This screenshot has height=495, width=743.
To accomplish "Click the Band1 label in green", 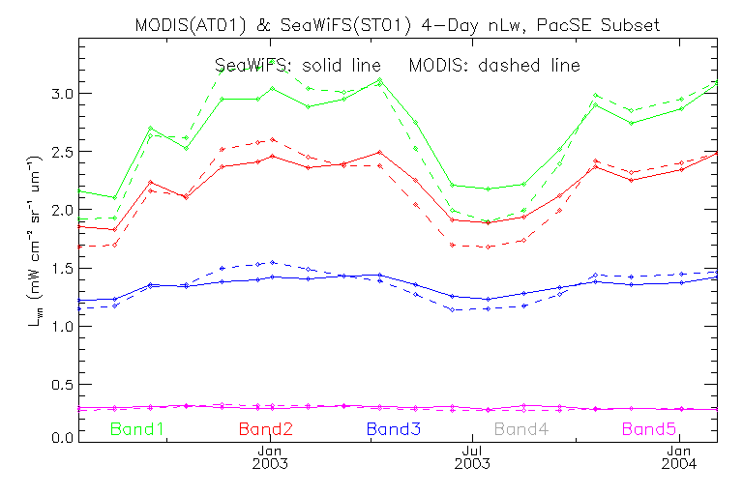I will click(x=137, y=428).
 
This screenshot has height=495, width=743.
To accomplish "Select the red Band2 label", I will click(x=265, y=428).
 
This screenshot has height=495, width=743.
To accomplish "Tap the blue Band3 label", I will click(x=393, y=428).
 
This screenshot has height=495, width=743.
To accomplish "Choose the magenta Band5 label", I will click(x=650, y=428).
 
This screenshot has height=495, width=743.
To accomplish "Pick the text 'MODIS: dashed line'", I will click(x=494, y=66).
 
